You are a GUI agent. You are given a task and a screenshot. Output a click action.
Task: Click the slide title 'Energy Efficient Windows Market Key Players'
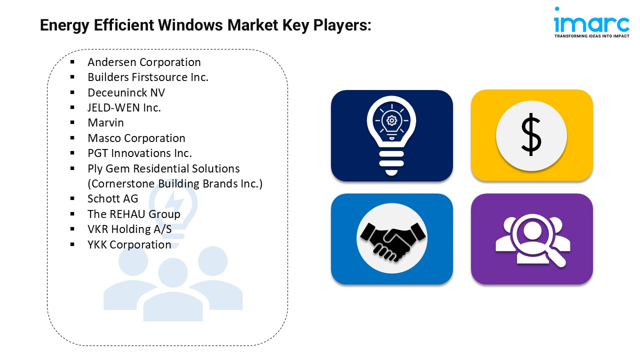(x=205, y=25)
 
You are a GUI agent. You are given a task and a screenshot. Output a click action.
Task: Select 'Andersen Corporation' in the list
(x=144, y=62)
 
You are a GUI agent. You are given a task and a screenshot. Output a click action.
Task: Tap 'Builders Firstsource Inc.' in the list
(x=148, y=77)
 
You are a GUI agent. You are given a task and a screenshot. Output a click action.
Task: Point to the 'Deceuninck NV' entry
(x=126, y=93)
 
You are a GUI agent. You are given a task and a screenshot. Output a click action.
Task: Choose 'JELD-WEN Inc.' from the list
(x=124, y=108)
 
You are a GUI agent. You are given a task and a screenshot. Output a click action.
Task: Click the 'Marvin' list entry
(x=105, y=123)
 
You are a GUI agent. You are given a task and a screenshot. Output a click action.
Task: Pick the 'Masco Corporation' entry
(x=136, y=138)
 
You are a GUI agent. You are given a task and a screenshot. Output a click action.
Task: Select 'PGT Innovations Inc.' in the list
(x=139, y=153)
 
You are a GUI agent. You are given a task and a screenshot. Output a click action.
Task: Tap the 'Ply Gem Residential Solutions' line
(x=163, y=169)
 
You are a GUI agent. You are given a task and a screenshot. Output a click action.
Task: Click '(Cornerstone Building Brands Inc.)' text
(x=175, y=184)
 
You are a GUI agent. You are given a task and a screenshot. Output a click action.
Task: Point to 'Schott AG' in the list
(x=112, y=199)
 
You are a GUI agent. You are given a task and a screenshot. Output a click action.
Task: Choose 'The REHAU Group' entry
(x=133, y=214)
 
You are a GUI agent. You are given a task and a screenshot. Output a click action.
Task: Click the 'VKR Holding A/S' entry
(x=129, y=229)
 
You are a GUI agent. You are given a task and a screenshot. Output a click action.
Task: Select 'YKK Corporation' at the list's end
(x=129, y=245)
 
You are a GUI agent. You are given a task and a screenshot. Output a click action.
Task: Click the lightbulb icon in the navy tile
(x=391, y=135)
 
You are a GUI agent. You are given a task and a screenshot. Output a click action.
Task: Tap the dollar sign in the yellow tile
(x=531, y=135)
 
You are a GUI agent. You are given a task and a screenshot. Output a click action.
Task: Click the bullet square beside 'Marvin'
(x=72, y=123)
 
